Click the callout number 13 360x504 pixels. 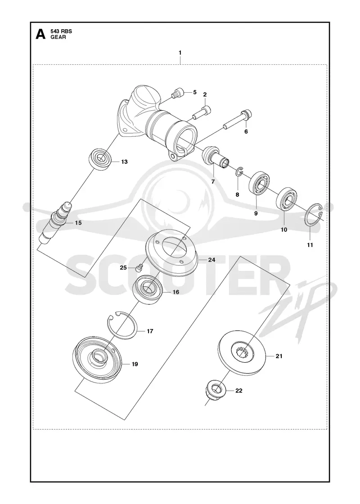click(124, 162)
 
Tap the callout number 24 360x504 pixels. click(211, 260)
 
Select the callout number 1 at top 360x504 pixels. click(180, 52)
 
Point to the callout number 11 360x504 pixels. click(310, 245)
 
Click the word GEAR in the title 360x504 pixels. click(58, 37)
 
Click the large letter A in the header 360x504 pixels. click(40, 34)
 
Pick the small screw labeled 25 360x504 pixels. click(139, 267)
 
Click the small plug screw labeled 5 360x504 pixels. click(178, 93)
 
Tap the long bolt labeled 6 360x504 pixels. click(238, 120)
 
